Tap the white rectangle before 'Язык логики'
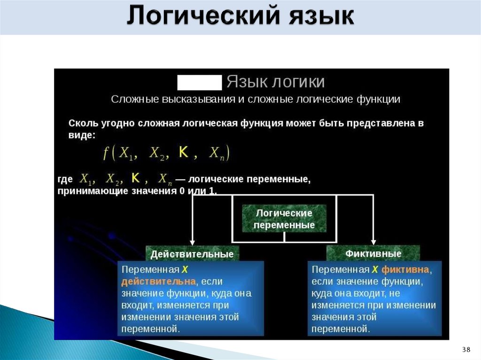(x=199, y=82)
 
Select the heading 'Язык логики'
(x=276, y=82)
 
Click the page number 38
(x=466, y=349)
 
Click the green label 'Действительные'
(x=192, y=254)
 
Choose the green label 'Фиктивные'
(x=373, y=254)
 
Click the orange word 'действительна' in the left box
(x=158, y=282)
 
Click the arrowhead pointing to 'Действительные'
(x=192, y=241)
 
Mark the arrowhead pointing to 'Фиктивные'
(x=373, y=241)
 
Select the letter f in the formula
(x=106, y=153)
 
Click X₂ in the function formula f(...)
(x=156, y=153)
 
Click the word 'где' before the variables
(x=65, y=179)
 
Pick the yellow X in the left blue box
(x=185, y=270)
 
